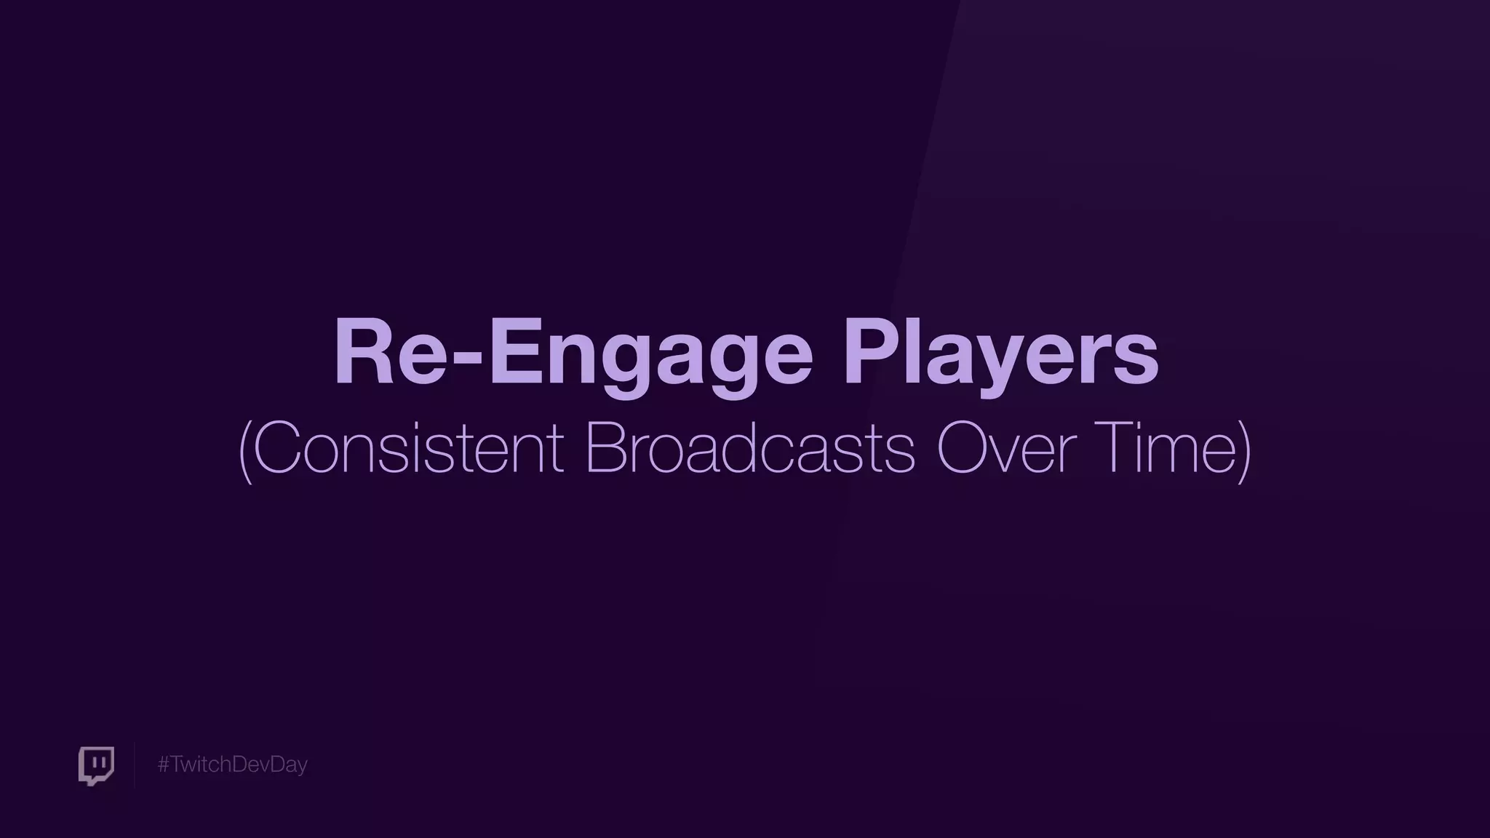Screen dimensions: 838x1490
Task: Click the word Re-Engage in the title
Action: [573, 355]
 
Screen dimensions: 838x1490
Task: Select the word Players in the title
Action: [1000, 355]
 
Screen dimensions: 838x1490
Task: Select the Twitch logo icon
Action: [96, 765]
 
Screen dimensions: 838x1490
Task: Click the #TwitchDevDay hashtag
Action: [232, 765]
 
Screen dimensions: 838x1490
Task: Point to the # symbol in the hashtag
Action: [163, 765]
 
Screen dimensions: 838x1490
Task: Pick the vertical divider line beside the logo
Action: [135, 765]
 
